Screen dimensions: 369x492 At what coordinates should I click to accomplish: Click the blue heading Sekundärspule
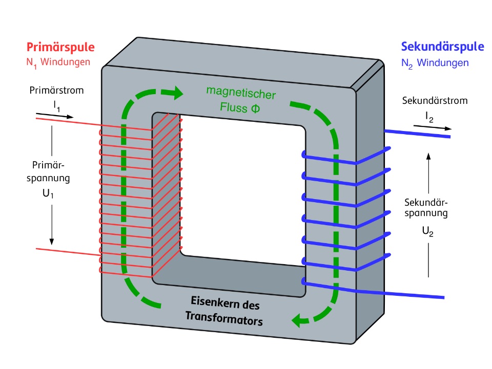442,47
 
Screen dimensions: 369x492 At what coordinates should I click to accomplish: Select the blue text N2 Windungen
435,63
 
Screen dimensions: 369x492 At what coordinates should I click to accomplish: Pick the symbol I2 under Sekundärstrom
429,117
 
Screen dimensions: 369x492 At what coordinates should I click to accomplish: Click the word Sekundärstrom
435,100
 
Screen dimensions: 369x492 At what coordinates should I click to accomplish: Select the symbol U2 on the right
428,231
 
